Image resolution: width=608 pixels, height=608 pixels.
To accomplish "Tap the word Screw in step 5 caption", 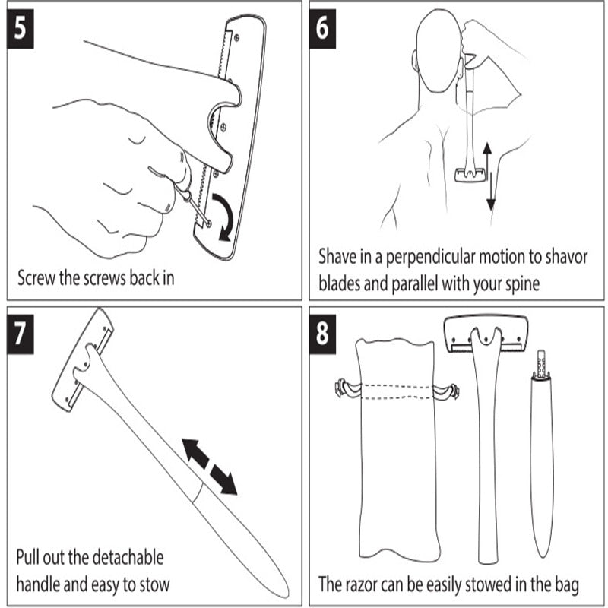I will click(x=36, y=277).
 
